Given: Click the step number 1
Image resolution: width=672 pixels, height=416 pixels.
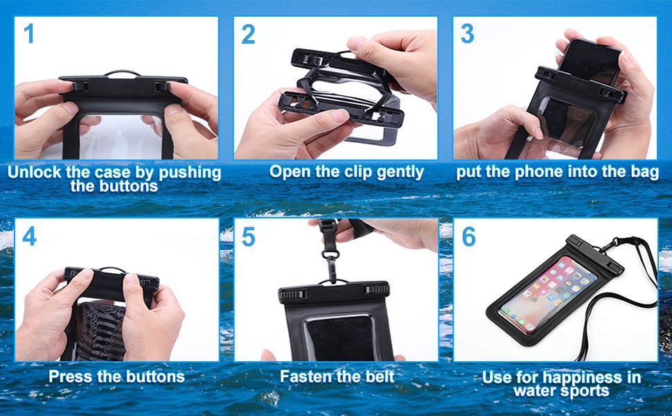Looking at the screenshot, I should tap(29, 34).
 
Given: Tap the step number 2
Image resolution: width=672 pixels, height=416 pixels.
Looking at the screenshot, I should tap(249, 34).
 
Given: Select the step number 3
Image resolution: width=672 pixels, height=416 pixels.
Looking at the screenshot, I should tap(468, 34).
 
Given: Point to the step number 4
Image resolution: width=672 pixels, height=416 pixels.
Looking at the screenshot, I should tap(29, 236).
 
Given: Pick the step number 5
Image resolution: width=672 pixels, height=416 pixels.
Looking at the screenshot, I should tap(249, 236).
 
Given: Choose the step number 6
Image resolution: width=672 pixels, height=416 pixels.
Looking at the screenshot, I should tap(468, 236).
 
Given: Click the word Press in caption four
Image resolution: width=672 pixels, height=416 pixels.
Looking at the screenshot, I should tap(70, 377).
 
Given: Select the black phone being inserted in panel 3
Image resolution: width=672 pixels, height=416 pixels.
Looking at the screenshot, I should tap(590, 62).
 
